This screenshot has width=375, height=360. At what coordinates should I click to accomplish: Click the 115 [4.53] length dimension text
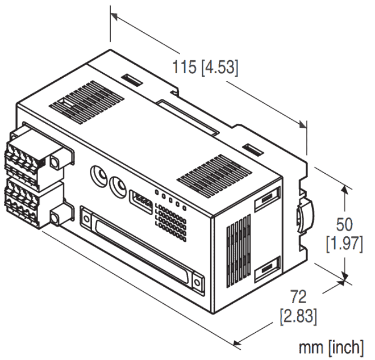point(206,66)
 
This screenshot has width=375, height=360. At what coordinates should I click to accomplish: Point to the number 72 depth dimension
point(298,296)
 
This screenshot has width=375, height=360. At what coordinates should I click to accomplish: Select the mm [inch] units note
point(332,346)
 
